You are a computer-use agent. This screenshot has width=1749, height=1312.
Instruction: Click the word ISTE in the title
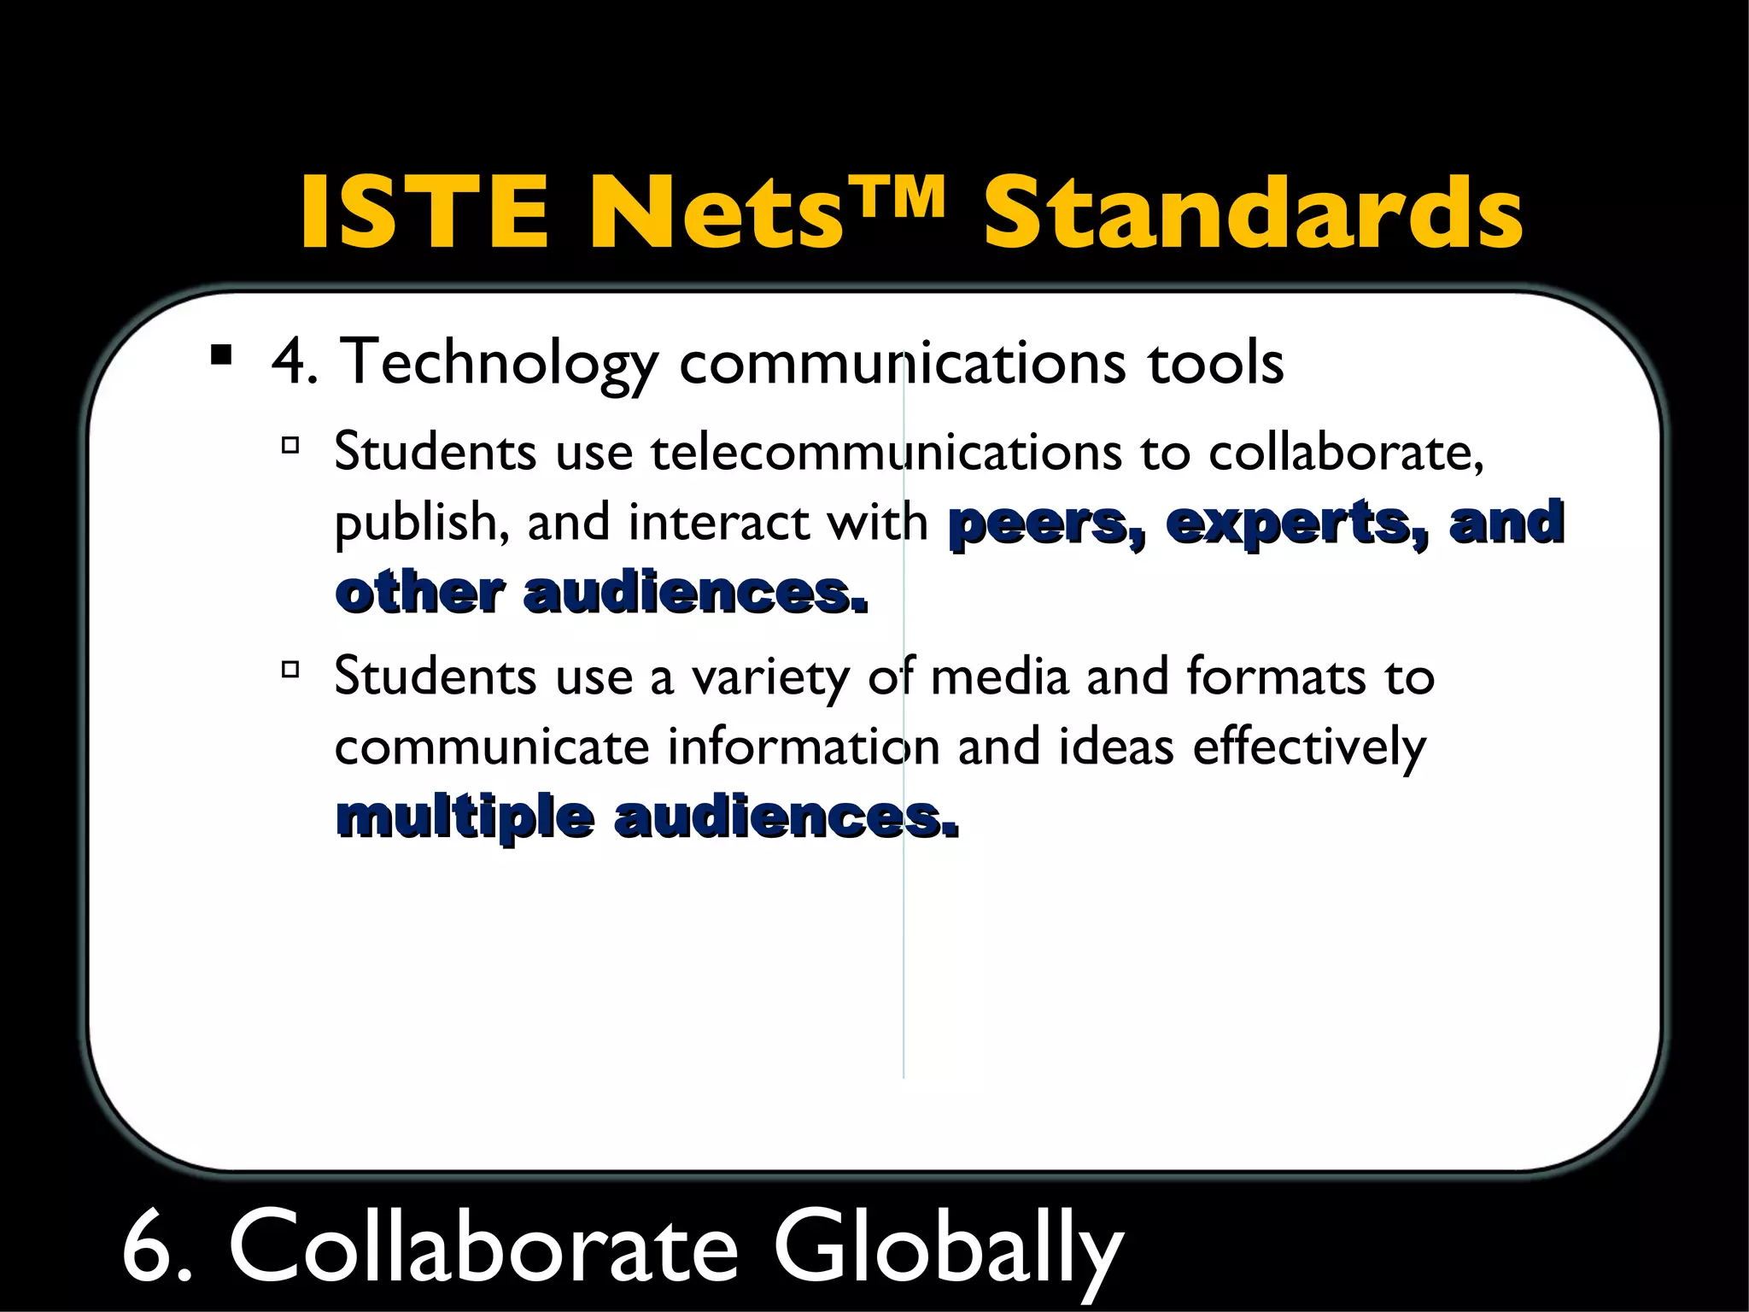tap(423, 212)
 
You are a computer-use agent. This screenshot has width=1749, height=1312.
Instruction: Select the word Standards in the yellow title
tap(1253, 212)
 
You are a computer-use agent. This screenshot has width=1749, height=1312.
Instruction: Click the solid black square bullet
tap(221, 354)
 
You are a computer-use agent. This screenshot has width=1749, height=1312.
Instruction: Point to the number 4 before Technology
tap(290, 362)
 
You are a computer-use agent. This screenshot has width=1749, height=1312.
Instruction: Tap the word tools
tap(1214, 362)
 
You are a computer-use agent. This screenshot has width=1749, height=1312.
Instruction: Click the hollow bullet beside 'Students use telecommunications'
tap(290, 445)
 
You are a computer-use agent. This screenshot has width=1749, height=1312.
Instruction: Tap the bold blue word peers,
tap(1047, 523)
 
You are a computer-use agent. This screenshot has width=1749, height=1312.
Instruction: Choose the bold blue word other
tap(419, 593)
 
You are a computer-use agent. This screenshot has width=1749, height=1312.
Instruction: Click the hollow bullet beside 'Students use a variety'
tap(290, 670)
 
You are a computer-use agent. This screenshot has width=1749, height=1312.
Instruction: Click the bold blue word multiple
tap(465, 818)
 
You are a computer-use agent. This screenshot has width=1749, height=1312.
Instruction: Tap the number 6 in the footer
tap(149, 1247)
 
